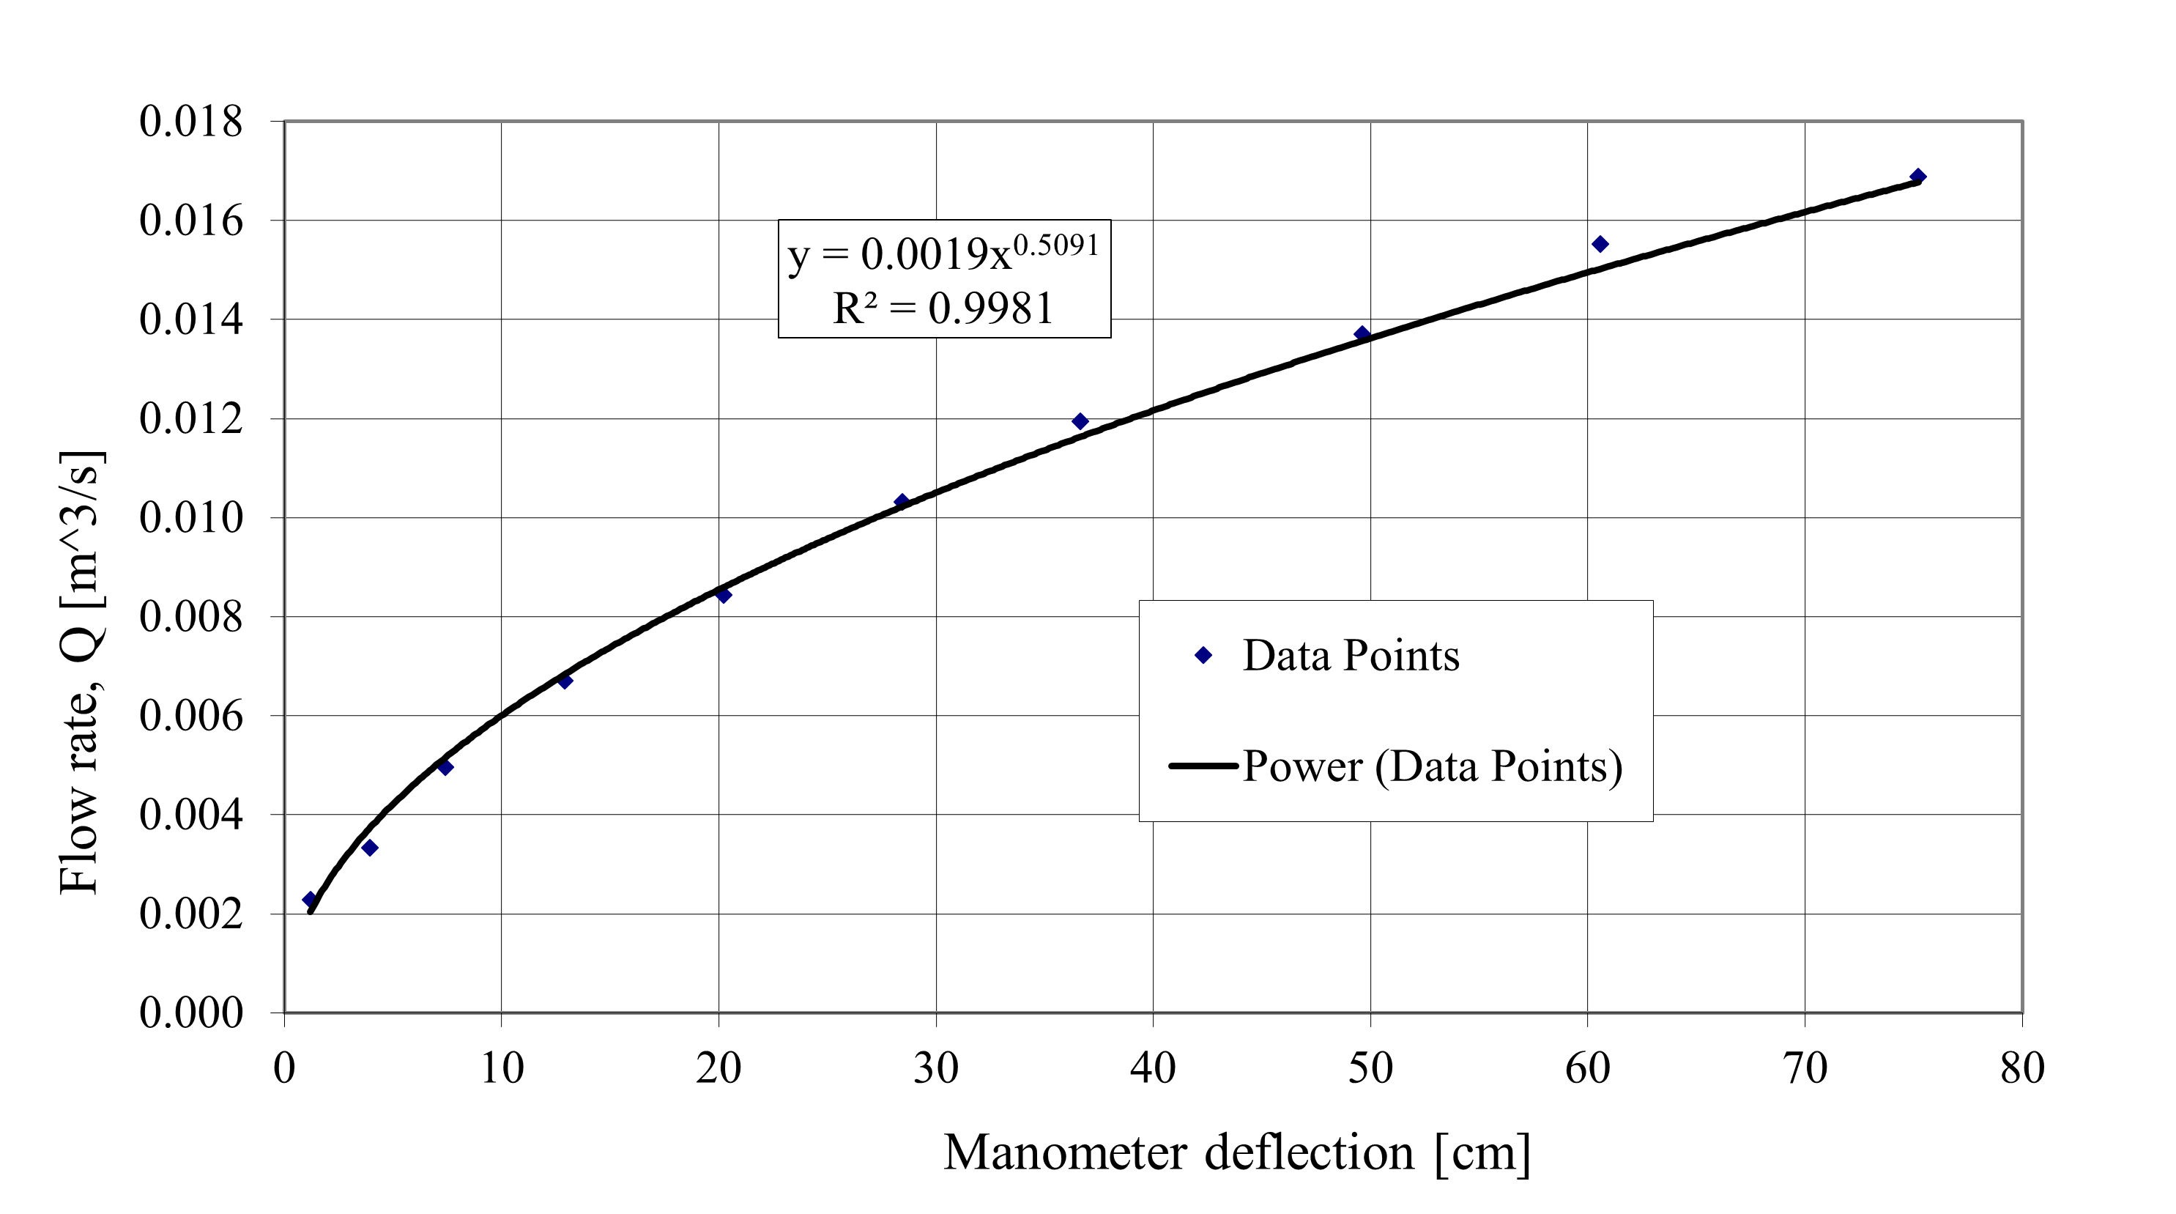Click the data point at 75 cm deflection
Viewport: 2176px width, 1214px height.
[x=1918, y=177]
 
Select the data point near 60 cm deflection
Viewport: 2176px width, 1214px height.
[x=1600, y=244]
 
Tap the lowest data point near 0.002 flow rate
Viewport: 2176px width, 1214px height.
[x=310, y=900]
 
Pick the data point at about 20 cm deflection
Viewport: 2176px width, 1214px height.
[x=723, y=595]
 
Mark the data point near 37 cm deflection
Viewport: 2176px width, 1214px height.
[x=1080, y=421]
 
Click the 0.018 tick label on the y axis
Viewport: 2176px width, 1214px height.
[x=191, y=122]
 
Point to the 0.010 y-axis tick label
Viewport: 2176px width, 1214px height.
[x=191, y=518]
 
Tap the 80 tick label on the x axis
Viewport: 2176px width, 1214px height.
[x=2022, y=1069]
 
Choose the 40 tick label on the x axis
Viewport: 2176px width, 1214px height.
[x=1153, y=1069]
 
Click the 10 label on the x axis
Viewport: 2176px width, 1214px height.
[x=502, y=1069]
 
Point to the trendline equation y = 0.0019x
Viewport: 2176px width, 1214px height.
[x=899, y=254]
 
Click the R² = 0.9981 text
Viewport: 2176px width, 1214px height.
[x=943, y=308]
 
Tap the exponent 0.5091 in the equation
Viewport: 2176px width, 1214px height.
[x=1056, y=245]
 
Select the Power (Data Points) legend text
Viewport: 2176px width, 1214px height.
[x=1433, y=766]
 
